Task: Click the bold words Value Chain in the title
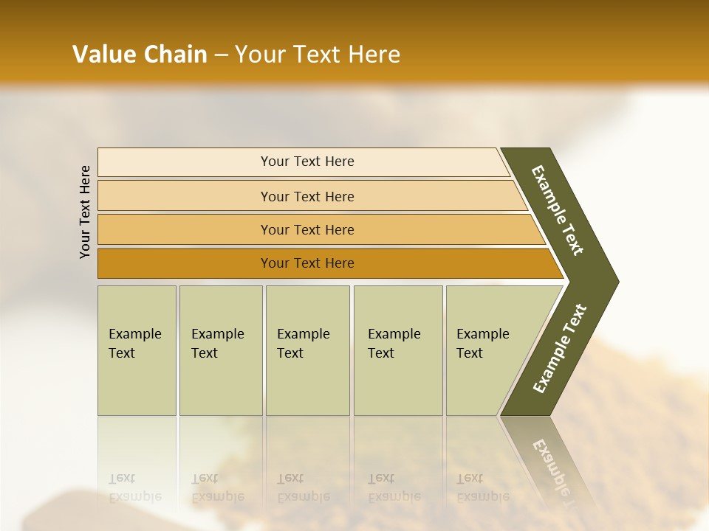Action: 140,55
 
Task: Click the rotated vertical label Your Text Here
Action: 85,212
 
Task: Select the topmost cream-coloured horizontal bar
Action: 185,162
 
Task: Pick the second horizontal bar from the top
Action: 185,196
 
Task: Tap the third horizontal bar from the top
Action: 185,229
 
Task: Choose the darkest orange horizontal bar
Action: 185,263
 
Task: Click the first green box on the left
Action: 137,383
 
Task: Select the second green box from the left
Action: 221,383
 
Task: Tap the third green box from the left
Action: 307,383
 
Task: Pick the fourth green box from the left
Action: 398,383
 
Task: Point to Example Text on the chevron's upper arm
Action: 558,210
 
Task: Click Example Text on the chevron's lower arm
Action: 560,349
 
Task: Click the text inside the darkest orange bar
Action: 307,263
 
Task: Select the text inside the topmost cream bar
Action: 307,162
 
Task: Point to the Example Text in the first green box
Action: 134,343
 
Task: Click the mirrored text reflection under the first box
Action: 134,487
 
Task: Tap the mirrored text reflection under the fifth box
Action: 482,487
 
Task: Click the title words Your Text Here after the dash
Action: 318,55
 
